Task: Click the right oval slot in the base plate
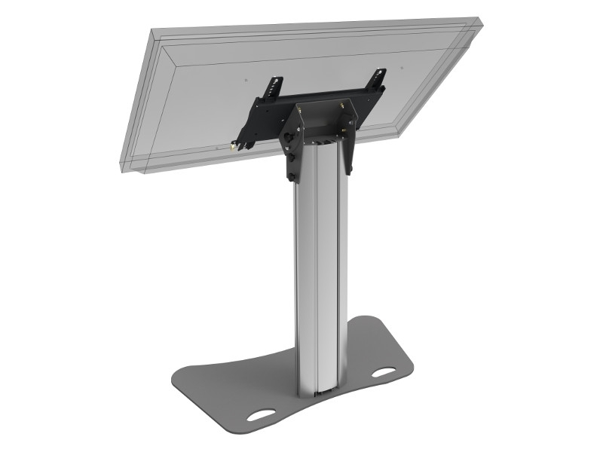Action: pos(384,372)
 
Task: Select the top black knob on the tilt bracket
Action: pos(289,137)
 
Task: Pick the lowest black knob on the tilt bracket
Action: pos(290,176)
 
